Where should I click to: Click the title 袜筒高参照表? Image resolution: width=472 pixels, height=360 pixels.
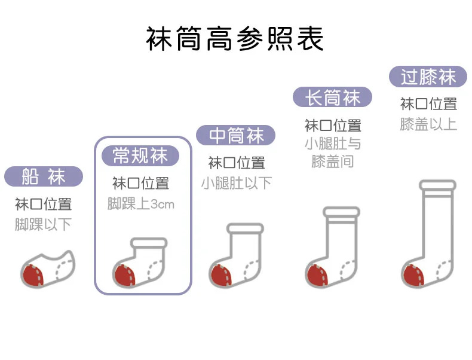point(235,38)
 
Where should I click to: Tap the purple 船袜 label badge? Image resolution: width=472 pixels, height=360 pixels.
point(43,176)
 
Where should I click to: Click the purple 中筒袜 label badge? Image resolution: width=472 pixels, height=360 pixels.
point(236,136)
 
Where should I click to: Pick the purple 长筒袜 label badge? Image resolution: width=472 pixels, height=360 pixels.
point(332,97)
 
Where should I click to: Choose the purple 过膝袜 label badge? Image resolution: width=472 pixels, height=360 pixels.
point(428,77)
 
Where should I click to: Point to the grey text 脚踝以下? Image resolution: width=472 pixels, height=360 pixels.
point(43,224)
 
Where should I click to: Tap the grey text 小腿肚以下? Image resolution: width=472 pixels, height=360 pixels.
point(236,182)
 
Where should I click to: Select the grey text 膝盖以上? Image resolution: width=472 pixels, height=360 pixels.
point(428,124)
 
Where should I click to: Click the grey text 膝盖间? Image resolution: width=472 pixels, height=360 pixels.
point(332,161)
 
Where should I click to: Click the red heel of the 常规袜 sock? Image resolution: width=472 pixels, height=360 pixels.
point(124,274)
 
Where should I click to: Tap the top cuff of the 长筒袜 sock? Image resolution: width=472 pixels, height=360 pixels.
point(341,212)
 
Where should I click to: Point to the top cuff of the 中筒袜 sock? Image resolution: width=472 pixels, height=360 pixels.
point(245,228)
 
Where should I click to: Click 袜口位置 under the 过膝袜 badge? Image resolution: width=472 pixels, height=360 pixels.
point(428,103)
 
